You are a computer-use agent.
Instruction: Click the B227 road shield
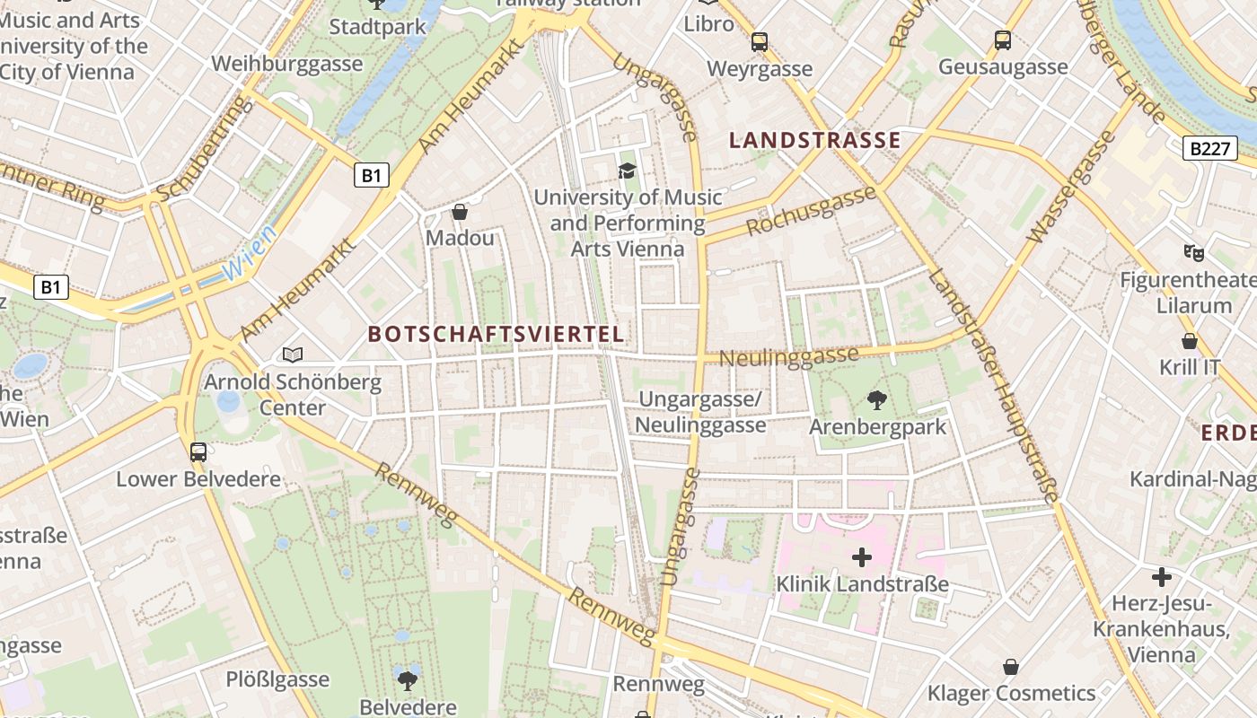pos(1209,148)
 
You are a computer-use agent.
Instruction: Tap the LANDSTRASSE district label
pos(814,140)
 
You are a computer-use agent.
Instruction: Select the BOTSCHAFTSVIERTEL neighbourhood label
pos(496,334)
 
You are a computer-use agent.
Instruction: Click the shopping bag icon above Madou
pos(460,212)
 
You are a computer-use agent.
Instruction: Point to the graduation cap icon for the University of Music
pos(627,171)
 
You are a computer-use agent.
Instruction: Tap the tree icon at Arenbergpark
pos(877,399)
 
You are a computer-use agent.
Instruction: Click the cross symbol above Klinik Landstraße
pos(862,557)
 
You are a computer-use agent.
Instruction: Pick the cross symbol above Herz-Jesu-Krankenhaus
pos(1162,576)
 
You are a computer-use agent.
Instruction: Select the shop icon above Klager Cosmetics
pos(1011,667)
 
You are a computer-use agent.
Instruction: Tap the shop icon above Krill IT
pos(1190,341)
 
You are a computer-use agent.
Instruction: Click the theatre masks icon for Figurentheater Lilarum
pos(1193,252)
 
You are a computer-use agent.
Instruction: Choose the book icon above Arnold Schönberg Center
pos(293,355)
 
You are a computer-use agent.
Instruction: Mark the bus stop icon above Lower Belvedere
pos(198,451)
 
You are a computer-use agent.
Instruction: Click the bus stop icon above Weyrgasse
pos(760,41)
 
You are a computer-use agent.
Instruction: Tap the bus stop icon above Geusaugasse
pos(1003,40)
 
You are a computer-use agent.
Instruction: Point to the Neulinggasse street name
pos(789,356)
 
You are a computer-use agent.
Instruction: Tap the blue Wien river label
pos(249,255)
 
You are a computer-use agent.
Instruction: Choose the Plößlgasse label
pos(277,679)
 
